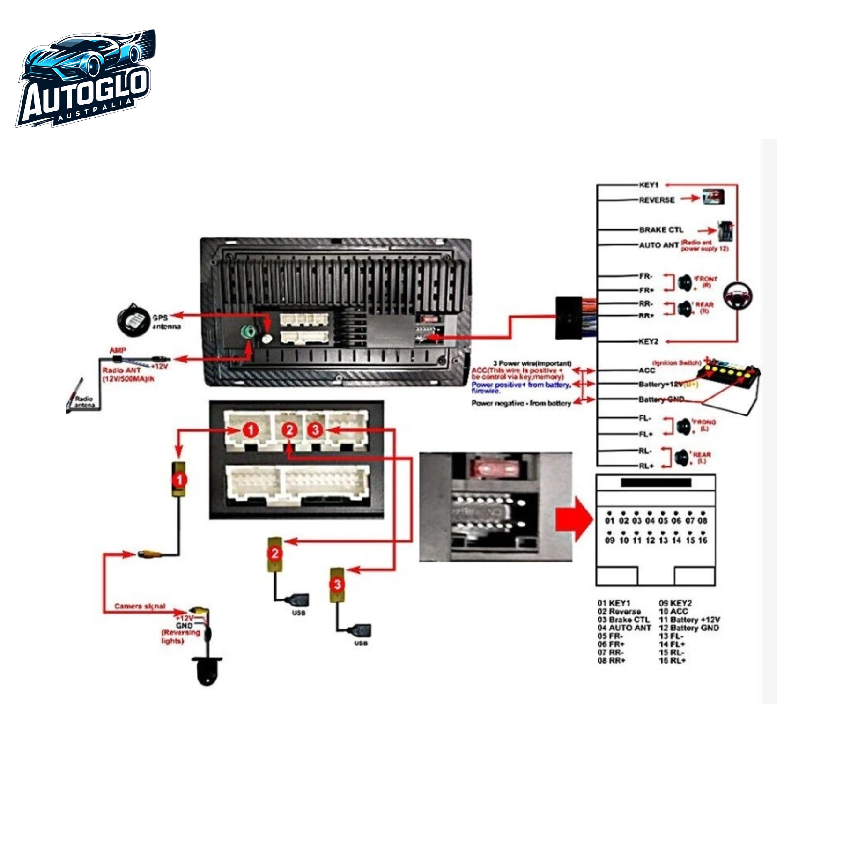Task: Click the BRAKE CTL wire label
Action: point(661,230)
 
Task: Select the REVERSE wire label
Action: point(657,200)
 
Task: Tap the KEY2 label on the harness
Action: point(648,341)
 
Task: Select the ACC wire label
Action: point(647,370)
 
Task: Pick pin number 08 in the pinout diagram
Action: point(702,520)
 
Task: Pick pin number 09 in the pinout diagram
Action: point(609,540)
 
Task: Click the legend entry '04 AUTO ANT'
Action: point(624,628)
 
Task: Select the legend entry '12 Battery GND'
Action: point(688,628)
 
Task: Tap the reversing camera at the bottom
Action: point(207,671)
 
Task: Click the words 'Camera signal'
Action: point(140,606)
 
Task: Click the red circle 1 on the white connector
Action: point(251,430)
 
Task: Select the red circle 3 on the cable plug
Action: point(337,584)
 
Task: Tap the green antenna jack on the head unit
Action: point(248,332)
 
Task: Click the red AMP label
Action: point(118,350)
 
